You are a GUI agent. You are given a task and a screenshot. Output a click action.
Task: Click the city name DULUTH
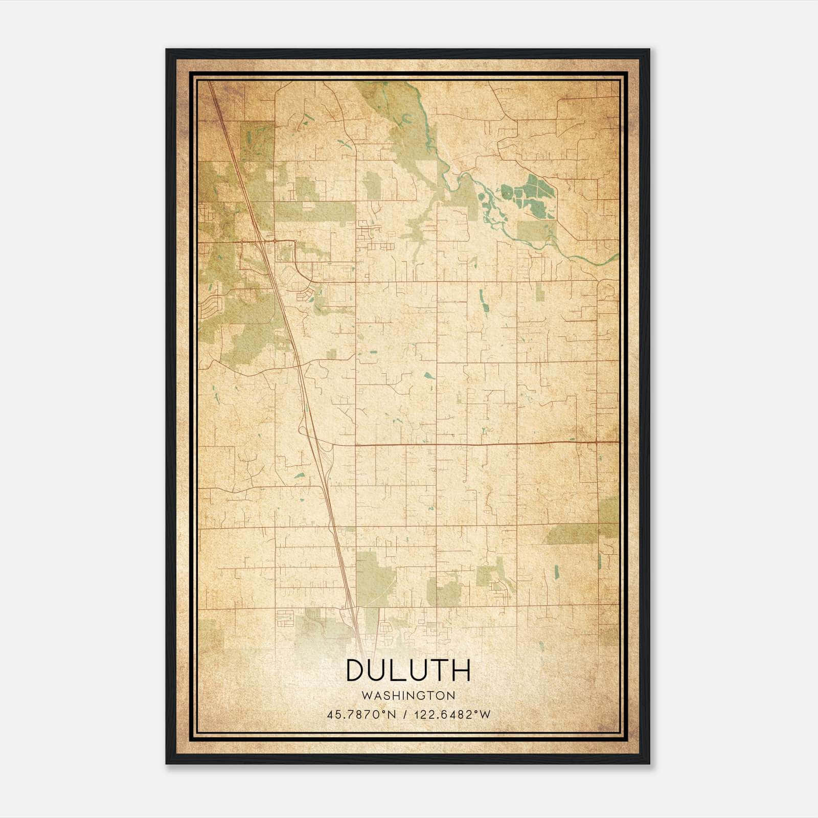(x=408, y=670)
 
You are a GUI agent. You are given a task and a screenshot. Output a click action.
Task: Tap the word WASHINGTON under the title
(x=408, y=695)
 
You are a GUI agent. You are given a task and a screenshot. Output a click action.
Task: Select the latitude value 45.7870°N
(x=361, y=714)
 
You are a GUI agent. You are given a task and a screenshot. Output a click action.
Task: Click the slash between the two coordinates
(x=405, y=714)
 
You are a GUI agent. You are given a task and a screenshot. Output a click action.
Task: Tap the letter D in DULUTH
(x=356, y=670)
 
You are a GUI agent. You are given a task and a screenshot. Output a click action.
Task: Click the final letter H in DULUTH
(x=461, y=670)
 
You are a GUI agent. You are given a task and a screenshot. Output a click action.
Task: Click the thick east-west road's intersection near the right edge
(x=597, y=441)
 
